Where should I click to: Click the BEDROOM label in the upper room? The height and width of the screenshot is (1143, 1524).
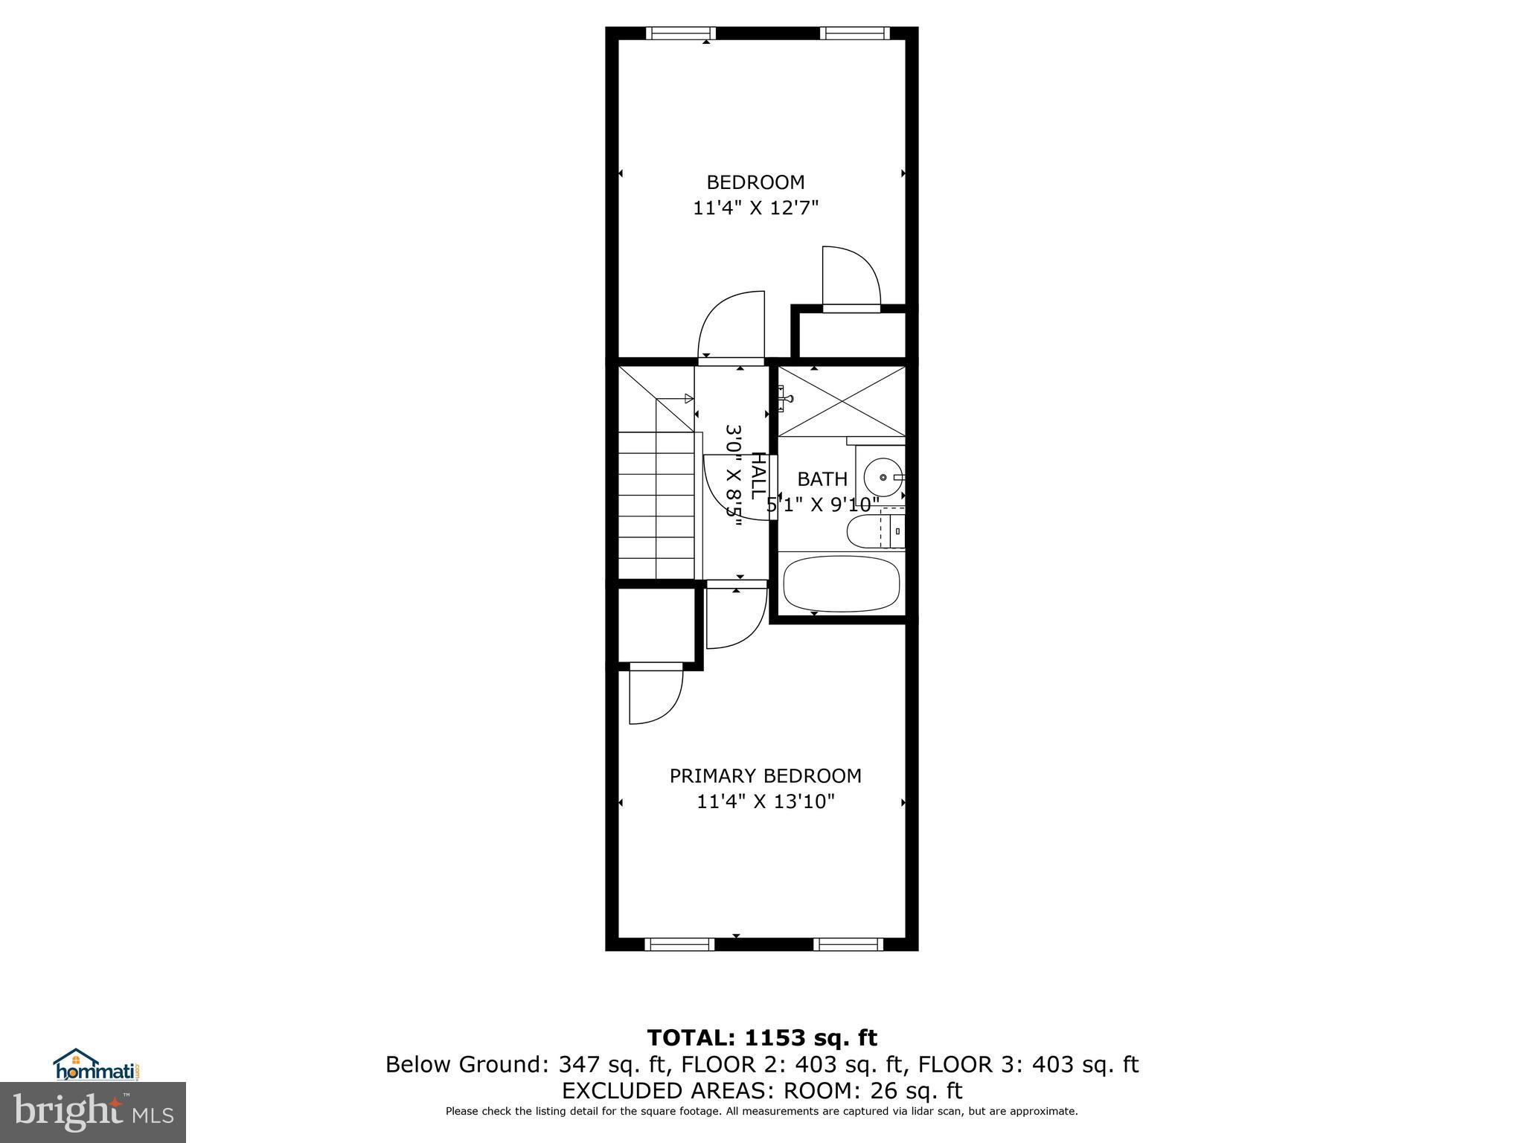click(x=755, y=182)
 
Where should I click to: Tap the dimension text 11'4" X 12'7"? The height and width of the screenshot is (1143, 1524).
click(x=755, y=208)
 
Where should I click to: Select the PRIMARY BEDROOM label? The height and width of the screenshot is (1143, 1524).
click(x=765, y=776)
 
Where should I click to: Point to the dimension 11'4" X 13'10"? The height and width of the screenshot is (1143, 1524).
click(x=766, y=802)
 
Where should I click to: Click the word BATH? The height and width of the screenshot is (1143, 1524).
click(x=822, y=479)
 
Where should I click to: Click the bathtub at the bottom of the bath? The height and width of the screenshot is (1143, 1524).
click(x=842, y=583)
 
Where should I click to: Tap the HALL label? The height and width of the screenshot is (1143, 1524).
click(x=758, y=476)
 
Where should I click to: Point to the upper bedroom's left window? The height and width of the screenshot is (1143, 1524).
click(x=680, y=33)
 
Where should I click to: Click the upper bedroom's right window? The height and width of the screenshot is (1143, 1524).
click(x=854, y=33)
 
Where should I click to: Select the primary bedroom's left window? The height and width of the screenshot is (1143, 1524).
click(x=679, y=944)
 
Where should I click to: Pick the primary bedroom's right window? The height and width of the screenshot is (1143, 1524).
click(x=848, y=944)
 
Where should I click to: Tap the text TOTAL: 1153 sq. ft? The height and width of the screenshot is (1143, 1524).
click(x=761, y=1038)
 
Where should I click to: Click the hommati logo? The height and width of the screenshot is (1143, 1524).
click(x=97, y=1064)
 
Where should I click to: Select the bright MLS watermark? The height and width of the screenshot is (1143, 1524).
click(x=93, y=1112)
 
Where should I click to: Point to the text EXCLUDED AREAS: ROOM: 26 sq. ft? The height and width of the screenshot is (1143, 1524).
click(x=761, y=1091)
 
